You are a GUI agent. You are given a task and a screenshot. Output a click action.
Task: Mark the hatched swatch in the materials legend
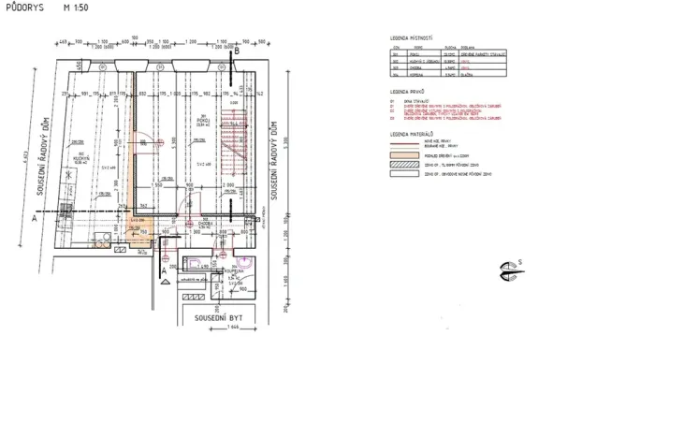point(403,163)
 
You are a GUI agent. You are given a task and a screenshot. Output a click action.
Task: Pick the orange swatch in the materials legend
point(403,153)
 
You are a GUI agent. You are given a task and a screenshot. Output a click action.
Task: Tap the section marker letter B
point(237,54)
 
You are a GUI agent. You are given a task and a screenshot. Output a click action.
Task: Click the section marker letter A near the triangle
point(165,271)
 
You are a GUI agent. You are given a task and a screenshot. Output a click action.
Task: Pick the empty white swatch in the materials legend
point(403,174)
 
